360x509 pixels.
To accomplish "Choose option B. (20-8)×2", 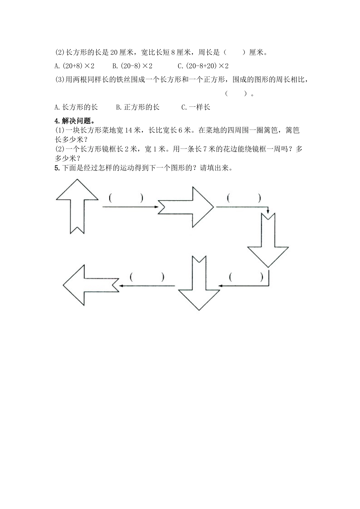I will click(x=132, y=66).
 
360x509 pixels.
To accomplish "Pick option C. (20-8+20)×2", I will click(x=203, y=66).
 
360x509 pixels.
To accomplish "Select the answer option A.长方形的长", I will click(x=76, y=107).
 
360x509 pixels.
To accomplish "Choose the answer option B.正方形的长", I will click(x=138, y=107).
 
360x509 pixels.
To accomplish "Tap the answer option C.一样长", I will click(x=196, y=107).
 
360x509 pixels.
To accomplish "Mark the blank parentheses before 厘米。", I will click(x=235, y=52).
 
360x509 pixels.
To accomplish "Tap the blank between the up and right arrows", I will click(x=125, y=198).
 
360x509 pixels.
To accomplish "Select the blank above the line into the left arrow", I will click(x=147, y=277).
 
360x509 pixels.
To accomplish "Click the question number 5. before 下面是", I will click(x=57, y=168).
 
